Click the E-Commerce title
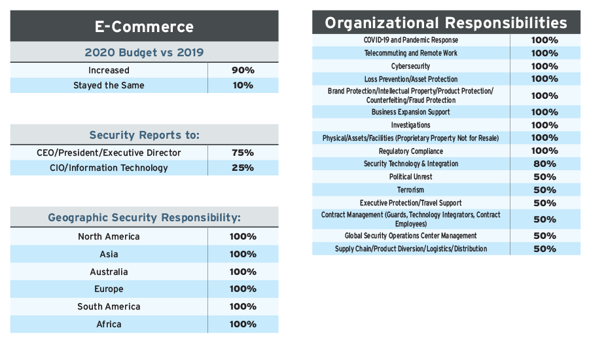coord(144,27)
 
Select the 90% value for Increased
coord(242,70)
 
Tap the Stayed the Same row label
coord(109,85)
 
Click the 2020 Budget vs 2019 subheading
coord(144,53)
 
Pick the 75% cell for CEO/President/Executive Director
coord(242,153)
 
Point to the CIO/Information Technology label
coord(109,168)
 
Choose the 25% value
coord(242,168)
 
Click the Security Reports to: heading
coord(144,135)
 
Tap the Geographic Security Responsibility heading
coord(144,217)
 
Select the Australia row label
coord(109,272)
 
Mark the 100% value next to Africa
coord(243,324)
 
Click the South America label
coord(109,306)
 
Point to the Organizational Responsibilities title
coord(446,23)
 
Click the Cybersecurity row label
coord(410,66)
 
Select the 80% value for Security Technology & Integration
coord(544,164)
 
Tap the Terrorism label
coord(410,190)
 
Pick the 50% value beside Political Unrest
coord(544,177)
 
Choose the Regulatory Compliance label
coord(410,151)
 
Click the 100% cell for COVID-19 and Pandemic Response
coord(544,40)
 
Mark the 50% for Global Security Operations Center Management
coord(544,236)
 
